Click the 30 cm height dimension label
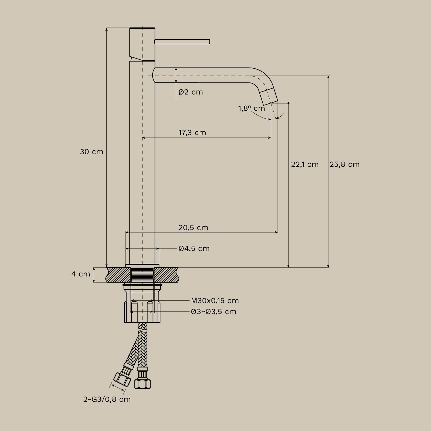tap(91, 152)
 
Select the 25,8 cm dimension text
tap(345, 164)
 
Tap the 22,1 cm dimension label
tap(305, 164)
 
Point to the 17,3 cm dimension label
tap(192, 132)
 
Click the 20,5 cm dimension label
tap(193, 228)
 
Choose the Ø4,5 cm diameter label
tap(194, 249)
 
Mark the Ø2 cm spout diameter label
tap(191, 92)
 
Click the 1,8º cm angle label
tap(251, 108)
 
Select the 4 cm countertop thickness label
tap(80, 274)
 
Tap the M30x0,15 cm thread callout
tap(215, 301)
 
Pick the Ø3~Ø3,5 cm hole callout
tap(213, 311)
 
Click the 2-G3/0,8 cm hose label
tap(107, 399)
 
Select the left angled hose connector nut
tap(122, 379)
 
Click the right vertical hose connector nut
tap(143, 383)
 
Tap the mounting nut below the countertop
tap(142, 312)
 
